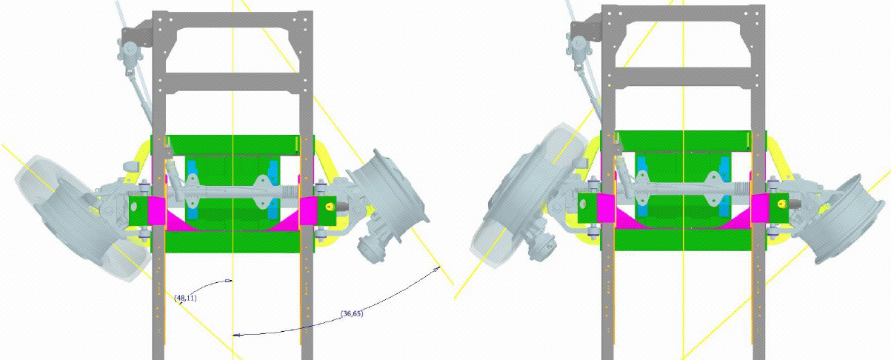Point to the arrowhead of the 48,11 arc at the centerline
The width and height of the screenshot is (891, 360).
(x=228, y=281)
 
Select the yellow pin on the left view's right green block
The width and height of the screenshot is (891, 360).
(x=329, y=206)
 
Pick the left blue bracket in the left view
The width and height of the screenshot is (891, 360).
(x=193, y=190)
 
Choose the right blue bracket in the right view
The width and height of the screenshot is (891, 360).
(x=725, y=187)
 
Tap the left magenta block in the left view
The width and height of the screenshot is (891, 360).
(x=156, y=211)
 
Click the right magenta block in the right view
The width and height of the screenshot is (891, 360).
(x=760, y=207)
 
